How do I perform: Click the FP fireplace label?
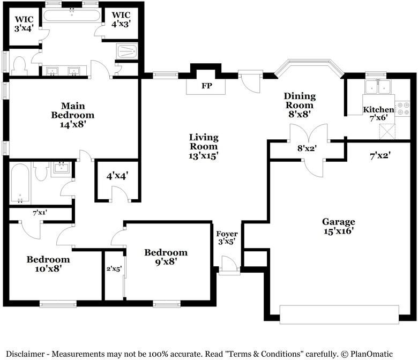tap(207, 86)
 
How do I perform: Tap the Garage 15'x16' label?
tap(339, 226)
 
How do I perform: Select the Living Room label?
tap(204, 147)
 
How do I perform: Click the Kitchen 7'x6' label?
tap(378, 114)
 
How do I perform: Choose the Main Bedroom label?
tap(73, 115)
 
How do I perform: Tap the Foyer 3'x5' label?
tap(227, 238)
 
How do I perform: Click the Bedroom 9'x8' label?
tap(166, 257)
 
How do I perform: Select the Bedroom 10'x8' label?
tap(48, 264)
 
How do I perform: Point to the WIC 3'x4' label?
tap(24, 24)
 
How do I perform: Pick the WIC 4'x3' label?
tap(121, 19)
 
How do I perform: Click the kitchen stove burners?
tap(402, 109)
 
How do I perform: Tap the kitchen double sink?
tap(378, 87)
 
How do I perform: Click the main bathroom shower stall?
tap(127, 51)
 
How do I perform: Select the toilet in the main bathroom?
tap(19, 66)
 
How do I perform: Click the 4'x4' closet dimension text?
tap(117, 176)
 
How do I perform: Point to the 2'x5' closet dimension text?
tap(114, 269)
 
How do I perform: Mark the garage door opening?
tap(339, 314)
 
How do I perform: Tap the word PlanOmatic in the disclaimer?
tap(371, 354)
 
